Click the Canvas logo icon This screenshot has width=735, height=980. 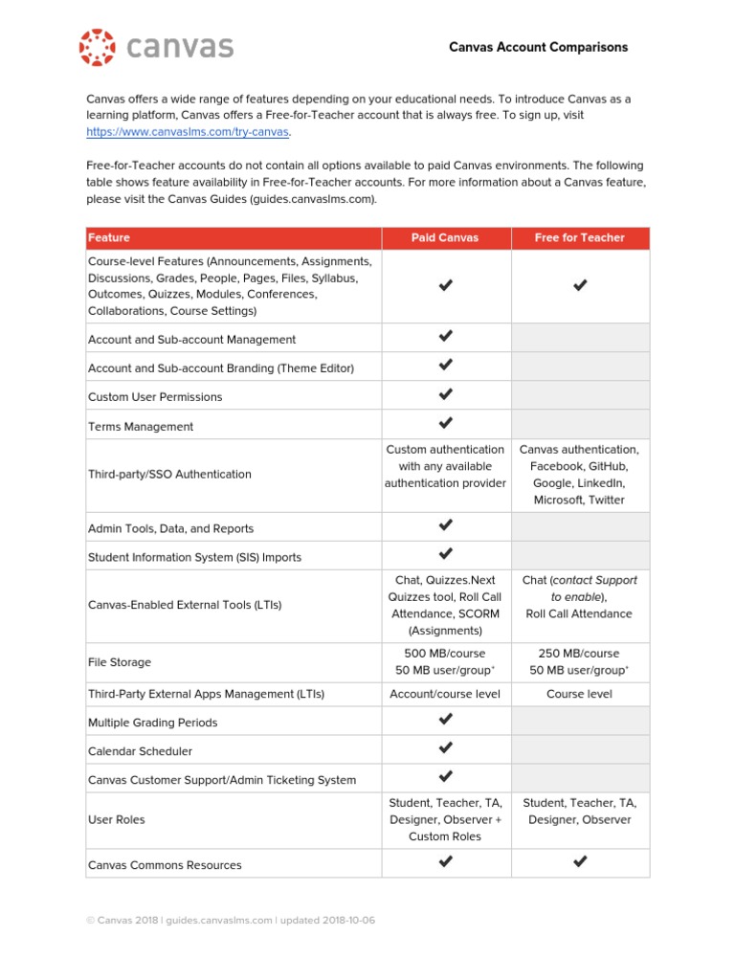pos(97,47)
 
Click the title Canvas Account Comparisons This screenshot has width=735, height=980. pos(539,47)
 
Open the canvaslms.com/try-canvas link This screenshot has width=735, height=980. pos(188,131)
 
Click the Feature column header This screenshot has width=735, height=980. pos(109,237)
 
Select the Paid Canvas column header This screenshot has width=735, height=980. pos(445,237)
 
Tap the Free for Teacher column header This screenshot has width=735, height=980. pos(579,237)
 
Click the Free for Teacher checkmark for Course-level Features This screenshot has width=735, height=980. pos(579,285)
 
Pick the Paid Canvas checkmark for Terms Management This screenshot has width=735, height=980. pos(445,423)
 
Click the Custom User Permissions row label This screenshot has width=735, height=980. pos(155,396)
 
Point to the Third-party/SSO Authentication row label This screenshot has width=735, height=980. pos(169,474)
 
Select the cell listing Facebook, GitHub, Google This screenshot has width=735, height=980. pos(579,474)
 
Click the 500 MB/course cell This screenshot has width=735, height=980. pos(445,661)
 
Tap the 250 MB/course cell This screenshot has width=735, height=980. pos(579,661)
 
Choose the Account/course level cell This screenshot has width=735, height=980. pos(445,694)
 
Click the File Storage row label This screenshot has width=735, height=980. pos(120,662)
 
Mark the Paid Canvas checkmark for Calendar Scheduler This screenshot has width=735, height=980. pos(445,747)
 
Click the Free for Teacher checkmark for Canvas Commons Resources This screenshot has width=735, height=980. pos(579,862)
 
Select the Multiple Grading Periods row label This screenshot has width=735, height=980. pos(152,723)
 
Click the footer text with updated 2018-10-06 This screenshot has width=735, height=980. pos(231,921)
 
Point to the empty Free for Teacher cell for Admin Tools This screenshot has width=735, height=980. pos(579,527)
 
